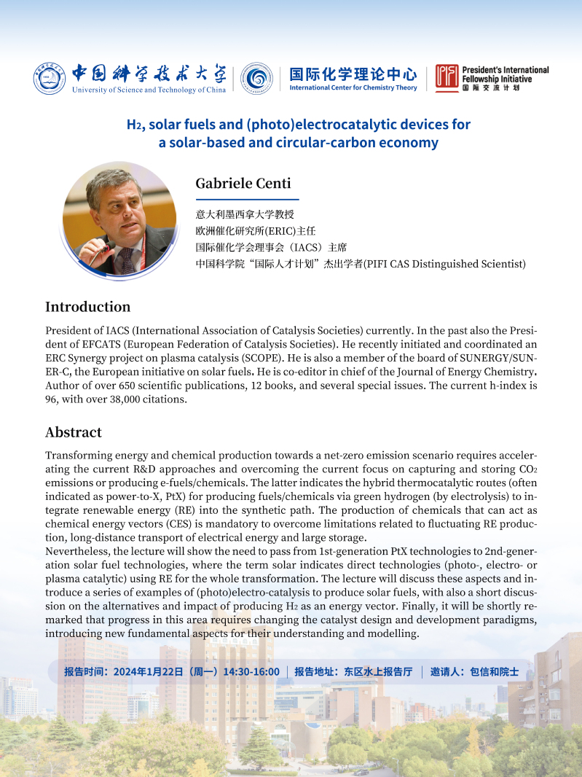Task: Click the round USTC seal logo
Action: tap(49, 79)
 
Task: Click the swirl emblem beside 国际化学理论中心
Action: tap(256, 78)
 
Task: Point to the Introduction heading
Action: tap(87, 307)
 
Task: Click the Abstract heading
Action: tap(73, 432)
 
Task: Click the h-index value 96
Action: tap(52, 399)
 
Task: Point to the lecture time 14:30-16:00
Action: tap(253, 671)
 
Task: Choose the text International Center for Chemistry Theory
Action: tap(353, 87)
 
